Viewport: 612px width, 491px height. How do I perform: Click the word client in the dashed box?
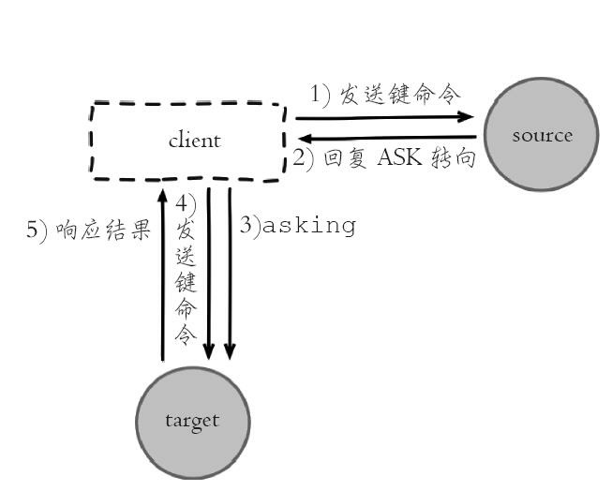pos(194,141)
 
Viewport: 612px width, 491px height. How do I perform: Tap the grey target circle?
pos(192,420)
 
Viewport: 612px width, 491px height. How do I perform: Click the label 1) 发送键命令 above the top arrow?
pos(385,95)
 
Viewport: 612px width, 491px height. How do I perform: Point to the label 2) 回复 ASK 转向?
pos(384,157)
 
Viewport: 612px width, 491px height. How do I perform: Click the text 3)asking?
pos(298,226)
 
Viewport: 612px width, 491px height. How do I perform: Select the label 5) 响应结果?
pos(88,231)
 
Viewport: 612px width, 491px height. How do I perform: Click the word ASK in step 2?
pos(400,157)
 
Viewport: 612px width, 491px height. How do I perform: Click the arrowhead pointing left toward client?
pos(302,139)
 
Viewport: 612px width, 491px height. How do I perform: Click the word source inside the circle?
pos(542,136)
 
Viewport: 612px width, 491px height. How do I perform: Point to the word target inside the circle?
pos(192,420)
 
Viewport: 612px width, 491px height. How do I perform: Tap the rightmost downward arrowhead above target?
pos(230,352)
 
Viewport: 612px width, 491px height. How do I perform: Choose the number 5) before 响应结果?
pos(37,231)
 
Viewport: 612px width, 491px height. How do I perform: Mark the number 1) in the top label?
pos(321,95)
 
